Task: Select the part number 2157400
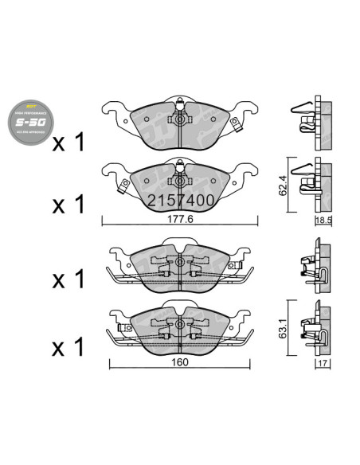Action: pos(179,201)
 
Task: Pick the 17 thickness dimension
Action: pos(322,365)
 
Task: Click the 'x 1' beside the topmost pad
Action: pos(68,144)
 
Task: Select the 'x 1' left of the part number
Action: pos(68,205)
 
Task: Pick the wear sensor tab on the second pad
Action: pos(124,189)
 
